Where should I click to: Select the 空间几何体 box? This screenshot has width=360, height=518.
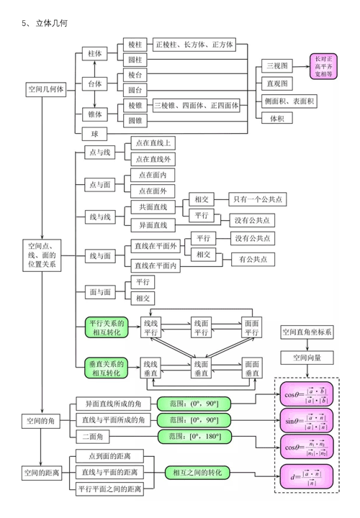(x=46, y=90)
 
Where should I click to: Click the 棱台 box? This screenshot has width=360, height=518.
(x=135, y=75)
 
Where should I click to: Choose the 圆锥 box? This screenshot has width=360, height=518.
(x=135, y=121)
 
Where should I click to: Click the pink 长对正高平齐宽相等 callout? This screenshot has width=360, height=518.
(x=323, y=65)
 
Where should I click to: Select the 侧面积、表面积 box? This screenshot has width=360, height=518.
(x=289, y=101)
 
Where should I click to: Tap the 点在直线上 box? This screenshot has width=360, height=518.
(x=151, y=143)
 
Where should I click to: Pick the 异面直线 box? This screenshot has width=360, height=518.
(x=153, y=225)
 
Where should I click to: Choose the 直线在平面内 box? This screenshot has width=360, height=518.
(x=156, y=265)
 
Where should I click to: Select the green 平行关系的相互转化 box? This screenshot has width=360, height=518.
(x=107, y=328)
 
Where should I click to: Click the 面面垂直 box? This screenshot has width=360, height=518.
(x=252, y=369)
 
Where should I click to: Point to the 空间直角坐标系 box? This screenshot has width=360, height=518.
(x=307, y=332)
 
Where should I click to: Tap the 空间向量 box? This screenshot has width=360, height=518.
(x=307, y=357)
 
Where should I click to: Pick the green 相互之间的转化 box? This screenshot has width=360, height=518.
(x=197, y=473)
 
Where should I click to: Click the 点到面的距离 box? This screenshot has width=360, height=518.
(x=110, y=456)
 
